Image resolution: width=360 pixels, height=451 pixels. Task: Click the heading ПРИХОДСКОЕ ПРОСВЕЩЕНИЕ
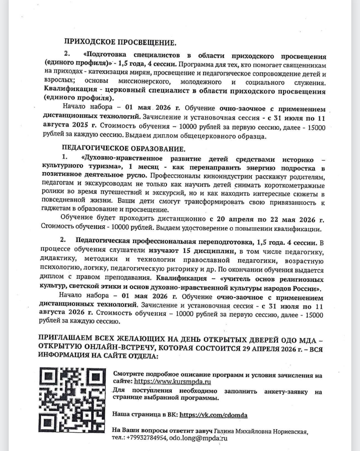[x=120, y=43]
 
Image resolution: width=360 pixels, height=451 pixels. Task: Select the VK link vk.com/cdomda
[x=213, y=415]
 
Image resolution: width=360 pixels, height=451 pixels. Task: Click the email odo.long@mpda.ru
[x=198, y=438]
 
